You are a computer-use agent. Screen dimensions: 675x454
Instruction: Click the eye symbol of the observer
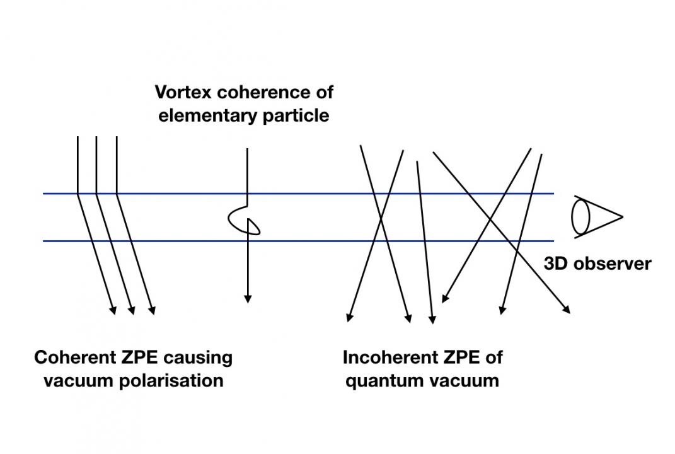coord(597,217)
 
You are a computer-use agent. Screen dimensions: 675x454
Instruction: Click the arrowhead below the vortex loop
coord(248,299)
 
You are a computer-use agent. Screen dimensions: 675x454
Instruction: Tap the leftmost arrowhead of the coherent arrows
coord(113,310)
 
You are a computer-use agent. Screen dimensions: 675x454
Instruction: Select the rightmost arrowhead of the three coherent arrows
coord(152,310)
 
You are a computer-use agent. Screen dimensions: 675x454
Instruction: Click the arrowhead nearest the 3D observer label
coord(567,309)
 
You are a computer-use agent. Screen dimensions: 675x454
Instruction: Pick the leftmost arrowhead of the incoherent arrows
coord(350,317)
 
